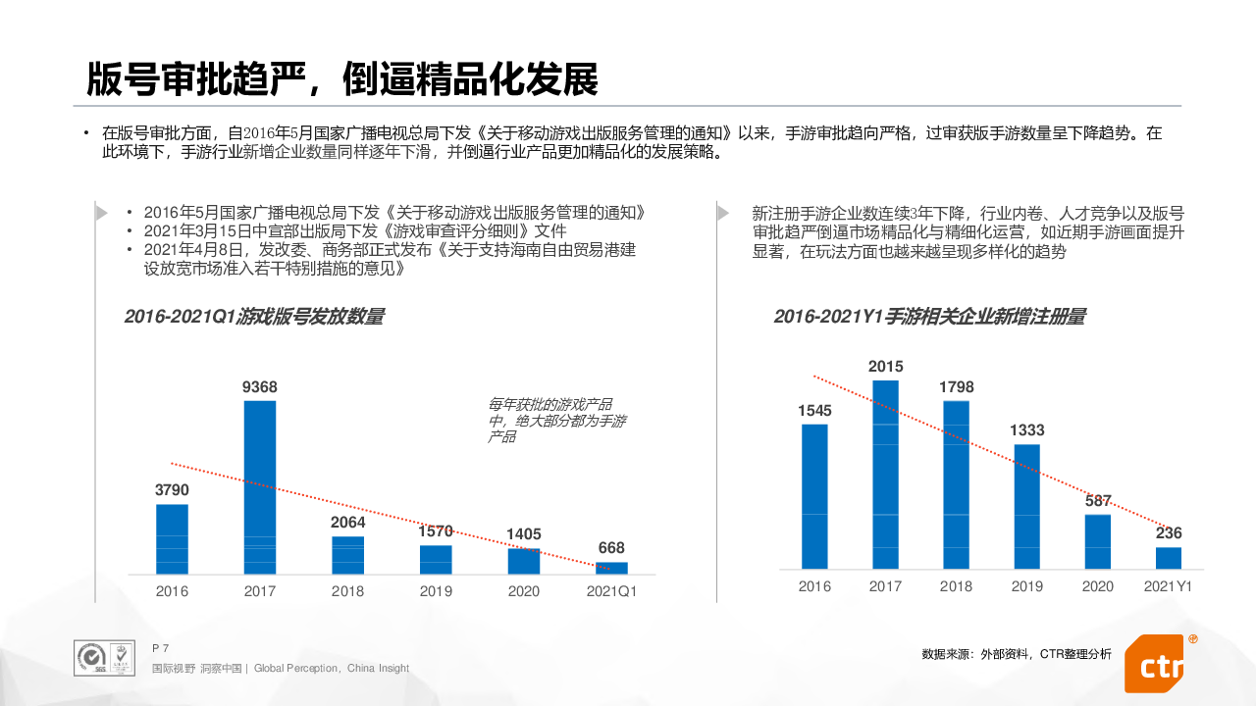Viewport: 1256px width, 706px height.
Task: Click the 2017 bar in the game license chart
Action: pyautogui.click(x=260, y=487)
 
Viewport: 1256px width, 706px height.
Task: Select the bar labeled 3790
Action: pyautogui.click(x=172, y=539)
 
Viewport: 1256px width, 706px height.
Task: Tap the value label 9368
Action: pyautogui.click(x=260, y=387)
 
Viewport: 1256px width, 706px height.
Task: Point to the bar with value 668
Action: pyautogui.click(x=611, y=568)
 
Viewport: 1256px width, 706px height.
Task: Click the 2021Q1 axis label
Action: pyautogui.click(x=611, y=591)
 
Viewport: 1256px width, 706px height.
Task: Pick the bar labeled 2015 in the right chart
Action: pyautogui.click(x=885, y=475)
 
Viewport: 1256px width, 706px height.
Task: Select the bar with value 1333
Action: pyautogui.click(x=1026, y=507)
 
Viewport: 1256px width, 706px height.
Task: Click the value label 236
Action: pyautogui.click(x=1169, y=533)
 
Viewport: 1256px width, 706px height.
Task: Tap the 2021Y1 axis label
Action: pyautogui.click(x=1169, y=586)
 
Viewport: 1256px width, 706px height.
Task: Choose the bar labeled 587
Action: pyautogui.click(x=1098, y=541)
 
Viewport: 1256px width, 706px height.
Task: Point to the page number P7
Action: pyautogui.click(x=161, y=648)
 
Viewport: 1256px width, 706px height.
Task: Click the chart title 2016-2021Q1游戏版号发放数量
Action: pyautogui.click(x=254, y=317)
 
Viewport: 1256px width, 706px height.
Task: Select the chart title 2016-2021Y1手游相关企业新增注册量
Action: pyautogui.click(x=929, y=317)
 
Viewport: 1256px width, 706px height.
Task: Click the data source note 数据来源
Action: pyautogui.click(x=1017, y=654)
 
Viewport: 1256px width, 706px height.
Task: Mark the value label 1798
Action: pyautogui.click(x=956, y=387)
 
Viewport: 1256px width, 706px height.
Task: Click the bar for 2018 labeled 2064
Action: pyautogui.click(x=347, y=555)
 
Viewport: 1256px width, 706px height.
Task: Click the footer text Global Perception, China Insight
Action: pyautogui.click(x=332, y=669)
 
